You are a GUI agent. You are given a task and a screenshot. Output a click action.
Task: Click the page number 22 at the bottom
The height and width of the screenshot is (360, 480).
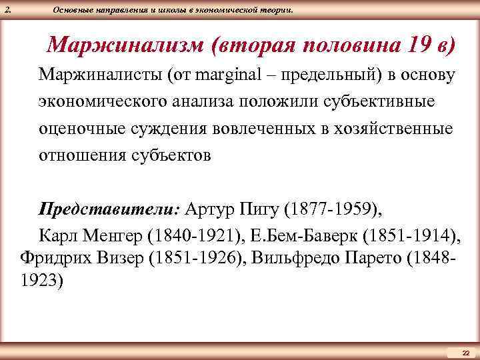point(466,352)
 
